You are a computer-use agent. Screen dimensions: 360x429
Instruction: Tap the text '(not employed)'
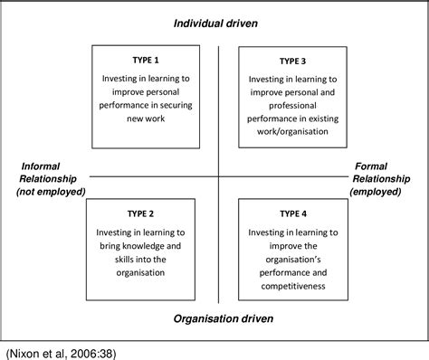(51, 191)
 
